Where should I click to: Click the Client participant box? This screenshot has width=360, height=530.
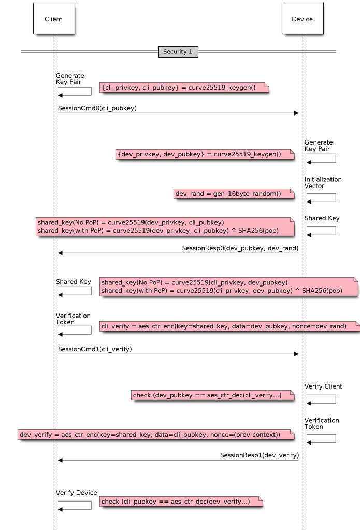coord(53,19)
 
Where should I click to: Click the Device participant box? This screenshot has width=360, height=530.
coord(302,19)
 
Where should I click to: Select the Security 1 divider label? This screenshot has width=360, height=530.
coord(178,52)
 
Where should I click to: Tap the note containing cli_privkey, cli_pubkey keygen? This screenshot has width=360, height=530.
coord(184,88)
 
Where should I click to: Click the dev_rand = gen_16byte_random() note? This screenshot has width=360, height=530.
coord(234,194)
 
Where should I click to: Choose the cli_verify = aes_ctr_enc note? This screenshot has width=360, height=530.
coord(228,326)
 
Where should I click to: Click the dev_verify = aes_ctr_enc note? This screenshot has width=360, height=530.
coord(155,435)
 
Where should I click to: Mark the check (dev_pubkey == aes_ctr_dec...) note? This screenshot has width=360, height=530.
coord(212,395)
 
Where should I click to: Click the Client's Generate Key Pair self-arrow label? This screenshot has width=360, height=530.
coord(69,79)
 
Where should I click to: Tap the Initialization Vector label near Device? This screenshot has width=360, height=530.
coord(322,182)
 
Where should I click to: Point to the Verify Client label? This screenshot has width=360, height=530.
coord(323,386)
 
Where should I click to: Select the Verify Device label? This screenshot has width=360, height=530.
coord(76,493)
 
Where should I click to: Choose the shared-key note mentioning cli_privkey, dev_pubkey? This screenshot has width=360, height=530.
coord(228,287)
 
